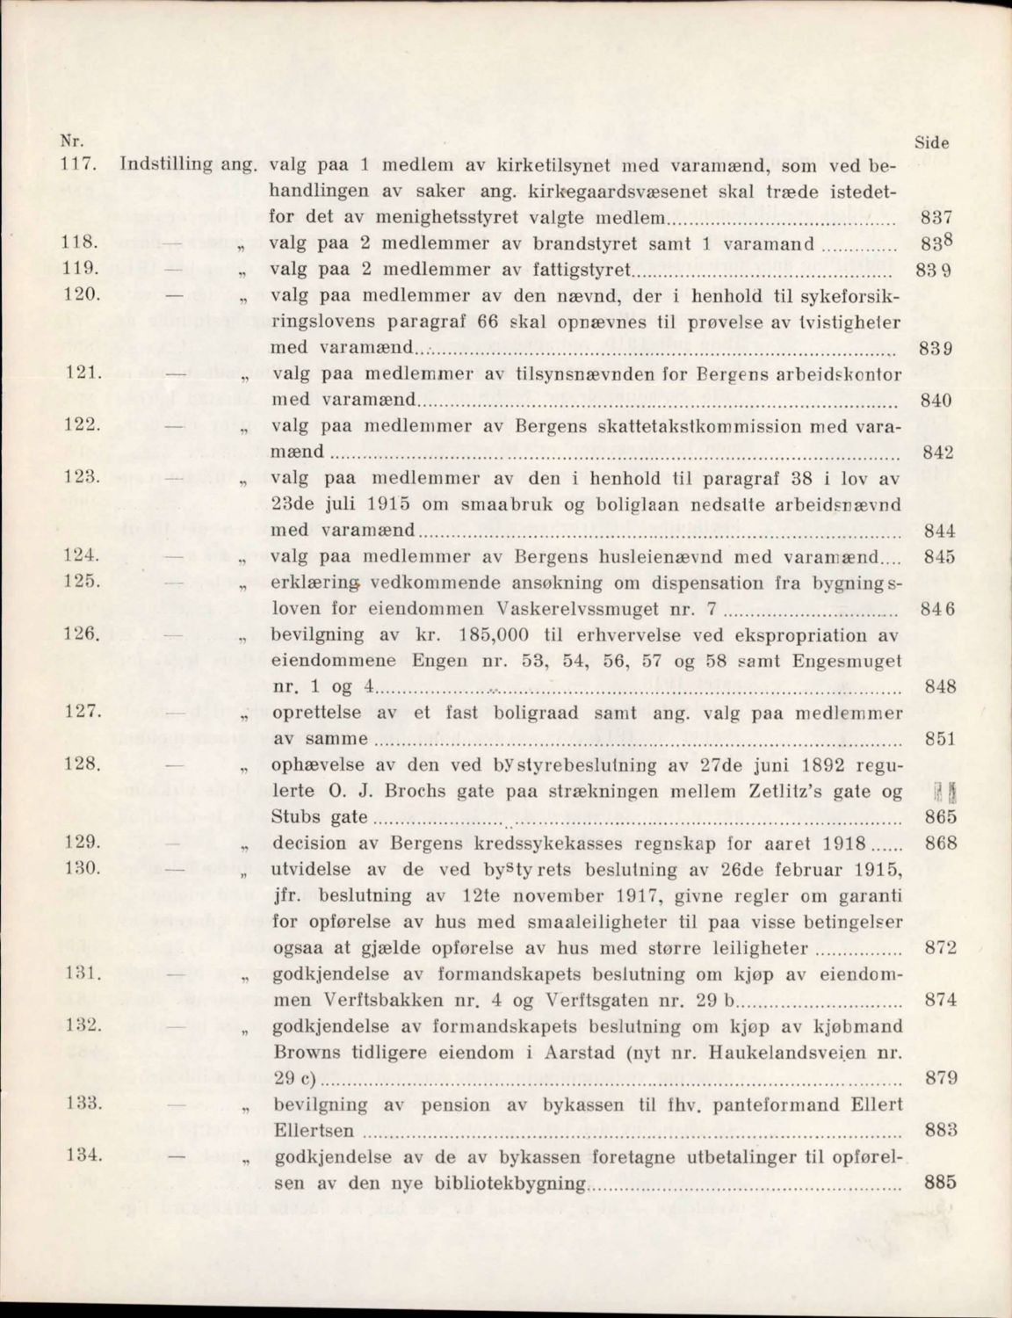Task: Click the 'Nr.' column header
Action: pyautogui.click(x=66, y=140)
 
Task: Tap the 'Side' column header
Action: pyautogui.click(x=933, y=142)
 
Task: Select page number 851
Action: pyautogui.click(x=940, y=740)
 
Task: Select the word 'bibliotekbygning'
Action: pyautogui.click(x=511, y=1184)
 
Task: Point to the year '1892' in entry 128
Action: pyautogui.click(x=787, y=764)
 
